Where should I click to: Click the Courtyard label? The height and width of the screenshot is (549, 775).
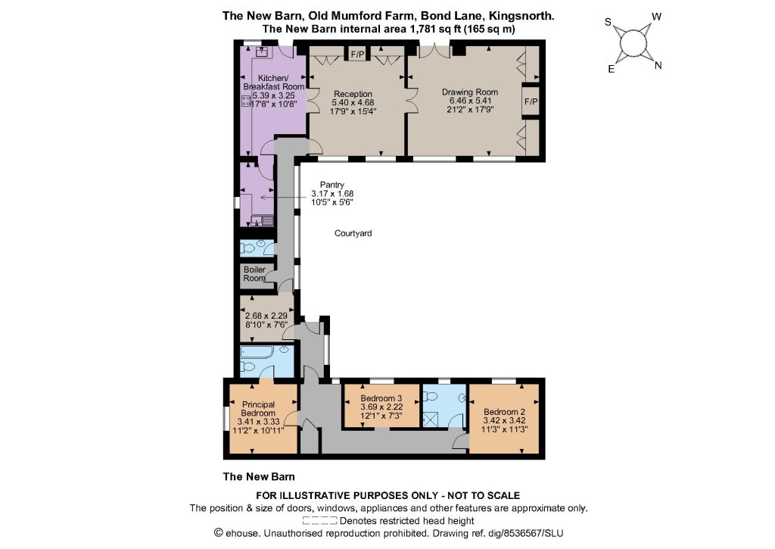pos(353,233)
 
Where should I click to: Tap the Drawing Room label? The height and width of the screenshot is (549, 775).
pos(469,92)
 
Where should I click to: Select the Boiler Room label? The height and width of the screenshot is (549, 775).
pos(254,273)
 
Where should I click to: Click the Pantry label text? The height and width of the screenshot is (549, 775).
pos(332,185)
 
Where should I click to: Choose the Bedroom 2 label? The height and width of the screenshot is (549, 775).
pos(504,411)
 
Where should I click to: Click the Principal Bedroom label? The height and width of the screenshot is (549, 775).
pos(259,409)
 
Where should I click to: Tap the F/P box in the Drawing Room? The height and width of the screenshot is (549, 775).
pos(531,101)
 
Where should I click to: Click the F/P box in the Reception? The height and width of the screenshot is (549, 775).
pos(357,54)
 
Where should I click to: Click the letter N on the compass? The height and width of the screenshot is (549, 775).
pos(658,65)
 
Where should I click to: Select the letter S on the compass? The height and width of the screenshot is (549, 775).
pos(608,22)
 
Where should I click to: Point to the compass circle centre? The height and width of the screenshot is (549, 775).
pos(633,42)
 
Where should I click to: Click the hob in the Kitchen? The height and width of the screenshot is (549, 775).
pos(246,101)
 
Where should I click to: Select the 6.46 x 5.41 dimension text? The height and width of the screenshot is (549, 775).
pos(469,101)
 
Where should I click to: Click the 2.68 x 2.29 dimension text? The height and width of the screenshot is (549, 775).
pos(266,316)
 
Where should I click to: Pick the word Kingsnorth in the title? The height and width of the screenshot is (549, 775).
pos(521,16)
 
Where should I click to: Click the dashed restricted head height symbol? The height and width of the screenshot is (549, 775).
pos(319,520)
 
